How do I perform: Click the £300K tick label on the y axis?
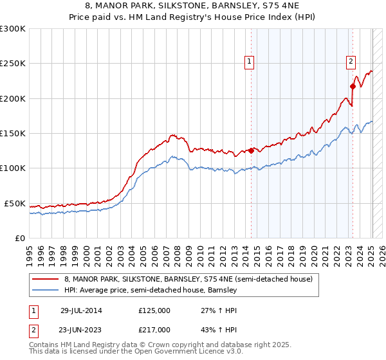[13, 29]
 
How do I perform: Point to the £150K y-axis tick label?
[13, 134]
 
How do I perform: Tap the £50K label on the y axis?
[15, 203]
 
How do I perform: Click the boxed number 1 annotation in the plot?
[249, 62]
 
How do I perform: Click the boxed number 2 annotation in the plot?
[351, 62]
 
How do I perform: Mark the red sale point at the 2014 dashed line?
[251, 151]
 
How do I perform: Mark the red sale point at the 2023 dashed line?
[353, 87]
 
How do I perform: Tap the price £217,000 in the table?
[154, 329]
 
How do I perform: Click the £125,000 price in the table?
[154, 310]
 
